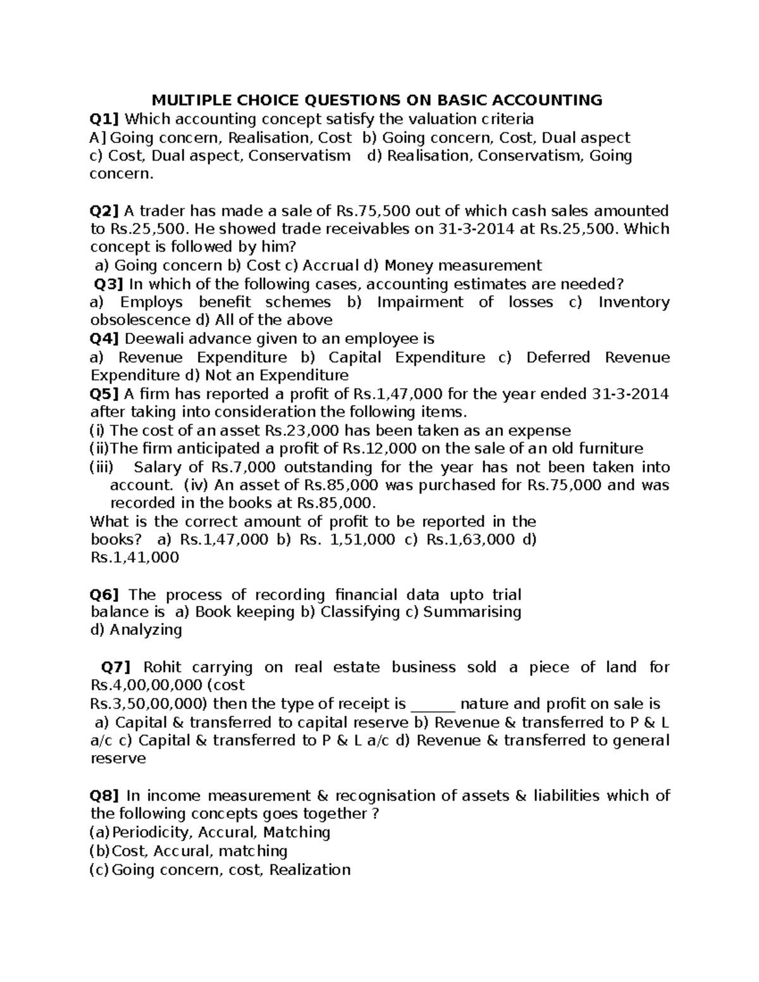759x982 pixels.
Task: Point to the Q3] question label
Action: click(109, 284)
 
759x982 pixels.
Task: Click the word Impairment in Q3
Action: click(420, 302)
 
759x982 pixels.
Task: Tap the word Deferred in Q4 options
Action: click(558, 357)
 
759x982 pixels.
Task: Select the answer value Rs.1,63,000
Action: click(471, 540)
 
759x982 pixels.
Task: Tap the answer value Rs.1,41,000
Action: click(135, 558)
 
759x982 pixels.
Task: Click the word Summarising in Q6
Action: click(472, 612)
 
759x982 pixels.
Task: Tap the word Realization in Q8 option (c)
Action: click(309, 870)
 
